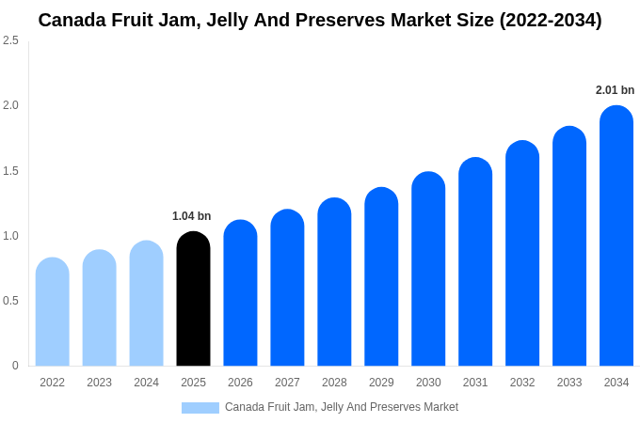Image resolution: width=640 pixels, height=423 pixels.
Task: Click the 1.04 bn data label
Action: click(x=192, y=216)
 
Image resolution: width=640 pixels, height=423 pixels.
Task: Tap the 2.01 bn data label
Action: click(x=615, y=90)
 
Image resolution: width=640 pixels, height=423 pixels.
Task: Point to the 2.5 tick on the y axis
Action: click(x=10, y=40)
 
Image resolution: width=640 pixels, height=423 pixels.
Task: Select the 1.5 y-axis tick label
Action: click(x=10, y=171)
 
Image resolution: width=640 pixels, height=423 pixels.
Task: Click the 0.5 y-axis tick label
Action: click(x=10, y=301)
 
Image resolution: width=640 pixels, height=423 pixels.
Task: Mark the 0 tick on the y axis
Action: click(x=15, y=366)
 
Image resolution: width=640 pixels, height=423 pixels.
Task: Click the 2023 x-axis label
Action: click(x=99, y=383)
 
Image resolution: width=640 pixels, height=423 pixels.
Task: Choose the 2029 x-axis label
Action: click(x=381, y=383)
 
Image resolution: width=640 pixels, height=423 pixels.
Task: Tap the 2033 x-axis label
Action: click(x=569, y=383)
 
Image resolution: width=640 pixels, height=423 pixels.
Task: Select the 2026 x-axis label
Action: click(x=240, y=383)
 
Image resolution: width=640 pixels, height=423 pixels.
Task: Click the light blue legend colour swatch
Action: click(x=200, y=408)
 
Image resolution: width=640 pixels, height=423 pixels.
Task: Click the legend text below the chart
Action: click(x=341, y=407)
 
